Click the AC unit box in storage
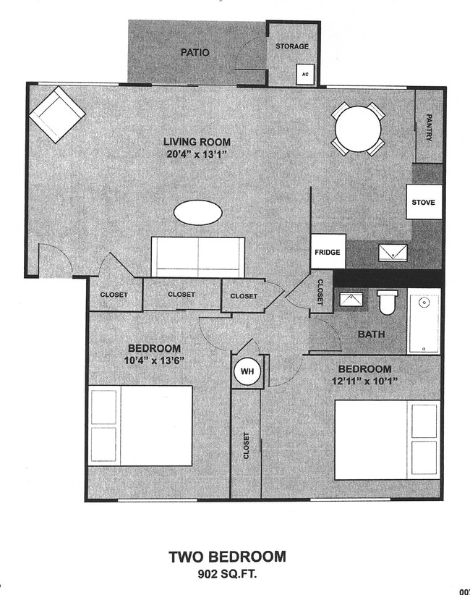(305, 75)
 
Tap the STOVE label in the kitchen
(423, 202)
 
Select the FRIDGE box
(327, 253)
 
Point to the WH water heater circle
(248, 372)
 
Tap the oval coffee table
(197, 213)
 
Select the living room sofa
(197, 256)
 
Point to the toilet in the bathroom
(388, 302)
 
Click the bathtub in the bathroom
(424, 321)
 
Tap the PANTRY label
(429, 127)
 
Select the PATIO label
(195, 52)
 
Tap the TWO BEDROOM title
(227, 557)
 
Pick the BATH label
(371, 334)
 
